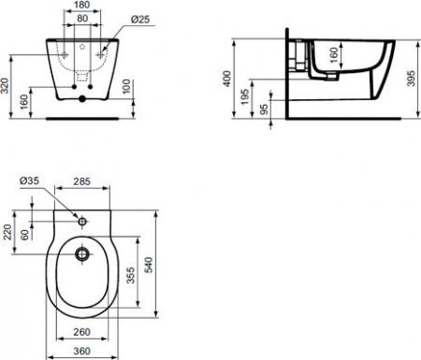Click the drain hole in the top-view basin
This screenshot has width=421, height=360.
point(82,252)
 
